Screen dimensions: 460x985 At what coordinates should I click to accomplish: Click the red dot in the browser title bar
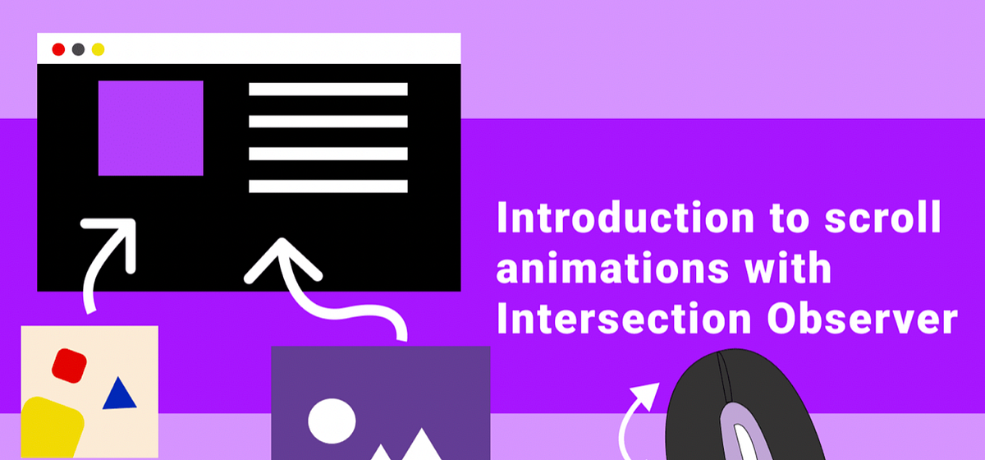coord(58,49)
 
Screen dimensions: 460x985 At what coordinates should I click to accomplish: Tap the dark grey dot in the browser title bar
coord(78,49)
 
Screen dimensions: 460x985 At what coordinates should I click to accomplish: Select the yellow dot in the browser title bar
coord(98,49)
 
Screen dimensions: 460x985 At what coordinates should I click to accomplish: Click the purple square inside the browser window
coord(150,127)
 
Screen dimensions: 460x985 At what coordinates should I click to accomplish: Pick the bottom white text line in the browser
coord(328,186)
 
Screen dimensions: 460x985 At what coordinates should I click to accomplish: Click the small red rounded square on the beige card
coord(70,365)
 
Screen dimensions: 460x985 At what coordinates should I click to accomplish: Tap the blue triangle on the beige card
coord(119,394)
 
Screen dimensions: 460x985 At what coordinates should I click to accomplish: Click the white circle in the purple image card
coord(332,420)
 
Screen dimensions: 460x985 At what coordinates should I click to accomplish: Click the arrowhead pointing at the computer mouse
coord(648,392)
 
